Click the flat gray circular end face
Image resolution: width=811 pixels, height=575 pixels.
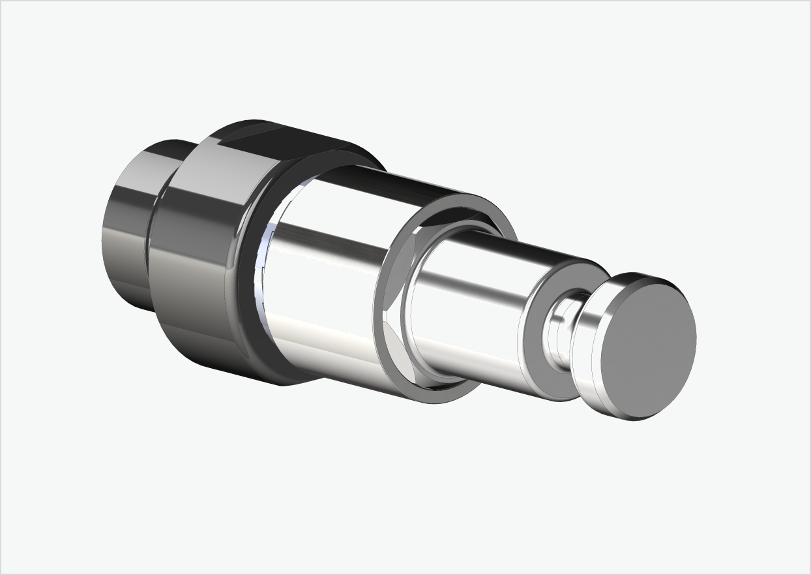tap(648, 349)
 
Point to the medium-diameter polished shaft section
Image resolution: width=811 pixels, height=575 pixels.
tap(469, 307)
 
